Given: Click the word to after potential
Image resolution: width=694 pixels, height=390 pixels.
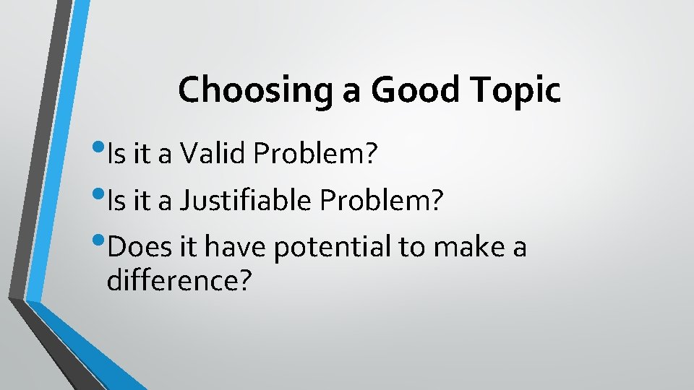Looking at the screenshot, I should click(413, 248).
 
